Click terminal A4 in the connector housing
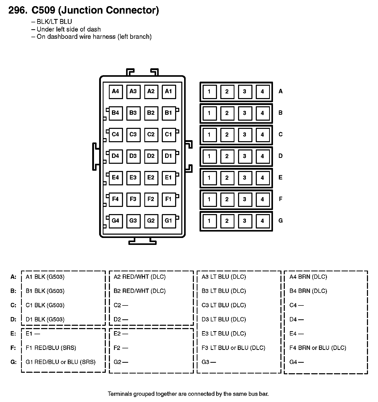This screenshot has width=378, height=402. [x=116, y=92]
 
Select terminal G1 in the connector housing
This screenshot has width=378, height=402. [x=169, y=221]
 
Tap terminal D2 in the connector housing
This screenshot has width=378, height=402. [x=151, y=156]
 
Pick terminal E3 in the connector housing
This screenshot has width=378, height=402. [x=133, y=178]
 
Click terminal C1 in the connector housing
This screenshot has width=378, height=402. [x=169, y=135]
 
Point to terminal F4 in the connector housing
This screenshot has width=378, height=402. [x=116, y=199]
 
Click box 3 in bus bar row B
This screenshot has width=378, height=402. [x=244, y=113]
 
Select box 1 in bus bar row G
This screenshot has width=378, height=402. [x=209, y=221]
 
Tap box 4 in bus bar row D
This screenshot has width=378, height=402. [x=262, y=156]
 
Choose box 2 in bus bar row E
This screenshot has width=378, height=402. [x=227, y=178]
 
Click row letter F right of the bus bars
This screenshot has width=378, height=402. [x=280, y=199]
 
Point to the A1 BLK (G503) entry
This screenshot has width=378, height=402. [x=45, y=277]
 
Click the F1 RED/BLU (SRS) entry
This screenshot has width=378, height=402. [x=51, y=348]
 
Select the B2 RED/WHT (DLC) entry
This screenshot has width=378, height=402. [x=139, y=291]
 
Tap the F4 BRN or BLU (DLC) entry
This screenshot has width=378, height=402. [x=318, y=348]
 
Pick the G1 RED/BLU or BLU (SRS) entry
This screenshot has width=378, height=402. [x=61, y=362]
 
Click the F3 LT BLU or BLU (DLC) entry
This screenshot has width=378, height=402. [x=233, y=348]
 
